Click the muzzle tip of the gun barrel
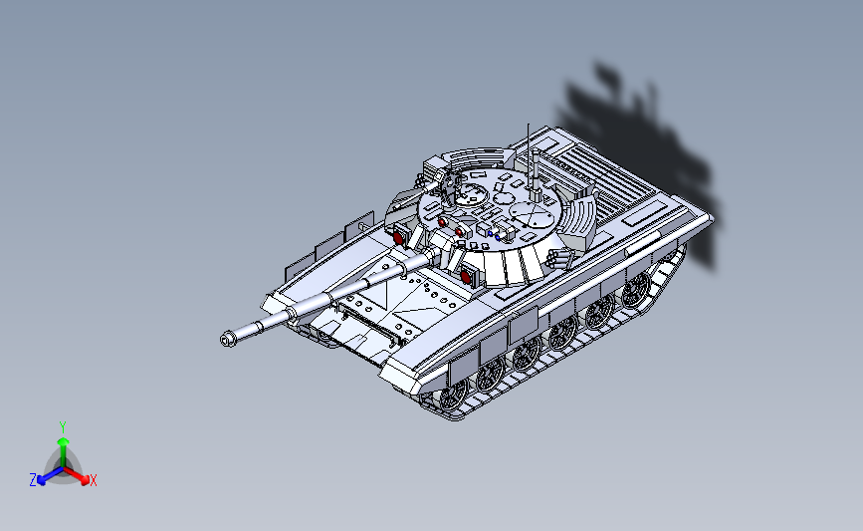pos(228,340)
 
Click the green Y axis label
pos(63,426)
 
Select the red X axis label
pos(94,481)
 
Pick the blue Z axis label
pos(33,480)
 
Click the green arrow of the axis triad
pos(63,443)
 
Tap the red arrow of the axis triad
pos(82,476)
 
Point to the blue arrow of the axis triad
pos(45,477)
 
